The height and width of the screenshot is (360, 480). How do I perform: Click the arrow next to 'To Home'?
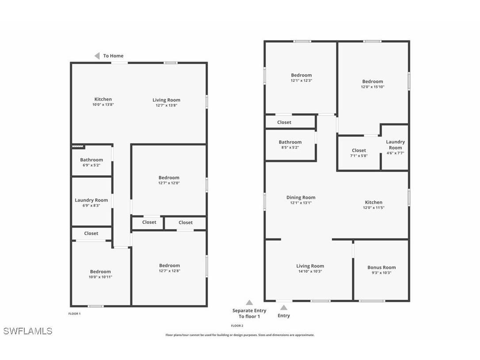point(97,56)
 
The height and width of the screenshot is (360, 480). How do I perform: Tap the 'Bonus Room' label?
point(381,267)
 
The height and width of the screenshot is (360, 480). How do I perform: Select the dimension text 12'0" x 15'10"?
point(373,87)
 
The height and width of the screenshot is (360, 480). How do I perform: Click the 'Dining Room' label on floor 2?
point(301,198)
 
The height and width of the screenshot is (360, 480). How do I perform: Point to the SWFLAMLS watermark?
point(27,331)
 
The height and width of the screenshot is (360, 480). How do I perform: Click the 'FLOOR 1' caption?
point(74,314)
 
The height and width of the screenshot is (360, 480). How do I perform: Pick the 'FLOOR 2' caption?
point(237,326)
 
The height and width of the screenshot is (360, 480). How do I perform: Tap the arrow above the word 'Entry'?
point(284,308)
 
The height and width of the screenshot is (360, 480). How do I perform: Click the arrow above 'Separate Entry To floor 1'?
point(249,303)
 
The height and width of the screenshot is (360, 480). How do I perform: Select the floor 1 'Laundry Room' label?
point(91,200)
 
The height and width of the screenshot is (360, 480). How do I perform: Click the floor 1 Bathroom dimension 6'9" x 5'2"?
point(91,165)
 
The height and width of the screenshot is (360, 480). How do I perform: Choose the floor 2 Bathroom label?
point(290,142)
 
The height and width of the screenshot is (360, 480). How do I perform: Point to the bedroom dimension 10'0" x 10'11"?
point(100,277)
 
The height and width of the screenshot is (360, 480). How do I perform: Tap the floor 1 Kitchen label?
point(103,99)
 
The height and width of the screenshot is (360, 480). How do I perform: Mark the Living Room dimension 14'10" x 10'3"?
point(310,272)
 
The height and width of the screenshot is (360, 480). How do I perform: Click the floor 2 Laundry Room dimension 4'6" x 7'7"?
point(395,153)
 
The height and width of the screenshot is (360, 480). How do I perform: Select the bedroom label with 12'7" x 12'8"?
point(170,265)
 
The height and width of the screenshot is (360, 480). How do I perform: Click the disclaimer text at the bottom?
point(240,335)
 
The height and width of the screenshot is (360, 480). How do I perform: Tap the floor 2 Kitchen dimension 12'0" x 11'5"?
point(373,208)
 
